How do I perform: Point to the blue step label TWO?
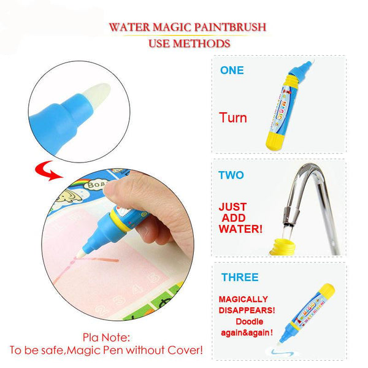pyautogui.click(x=231, y=175)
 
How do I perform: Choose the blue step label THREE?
pyautogui.click(x=240, y=277)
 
